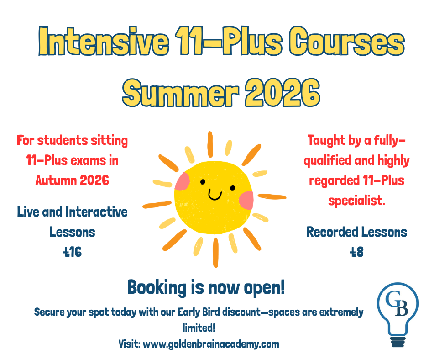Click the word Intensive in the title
tap(104, 41)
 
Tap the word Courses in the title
tap(347, 41)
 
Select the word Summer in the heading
tap(181, 93)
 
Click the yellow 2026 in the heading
tap(283, 93)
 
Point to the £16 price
tap(72, 252)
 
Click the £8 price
tap(356, 252)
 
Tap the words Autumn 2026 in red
tap(72, 180)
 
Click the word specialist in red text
tap(356, 201)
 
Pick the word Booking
tap(157, 288)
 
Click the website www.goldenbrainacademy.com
tap(211, 344)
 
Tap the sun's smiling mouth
tap(215, 194)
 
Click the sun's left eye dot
tap(203, 182)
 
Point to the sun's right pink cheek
tap(246, 200)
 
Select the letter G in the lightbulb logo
tap(392, 299)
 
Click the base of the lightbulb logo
tap(398, 342)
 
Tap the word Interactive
tap(96, 212)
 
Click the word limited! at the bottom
tap(199, 328)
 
